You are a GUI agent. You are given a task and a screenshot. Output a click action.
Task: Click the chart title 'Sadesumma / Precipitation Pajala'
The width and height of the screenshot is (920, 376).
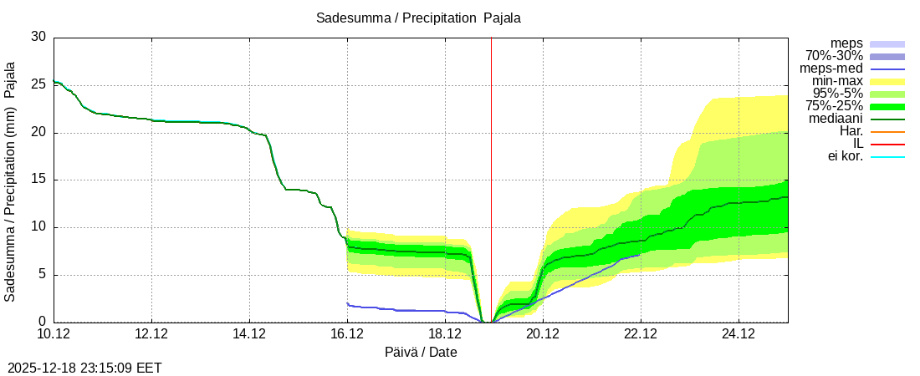tap(418, 18)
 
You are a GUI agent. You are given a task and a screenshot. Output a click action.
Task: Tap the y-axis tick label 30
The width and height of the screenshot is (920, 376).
tap(38, 37)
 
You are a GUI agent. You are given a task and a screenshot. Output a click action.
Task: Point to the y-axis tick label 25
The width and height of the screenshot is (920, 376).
tap(38, 84)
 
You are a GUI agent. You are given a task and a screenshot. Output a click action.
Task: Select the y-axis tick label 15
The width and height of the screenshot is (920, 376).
tap(38, 180)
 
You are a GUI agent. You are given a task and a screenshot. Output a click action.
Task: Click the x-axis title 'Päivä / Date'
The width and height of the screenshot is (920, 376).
tap(421, 353)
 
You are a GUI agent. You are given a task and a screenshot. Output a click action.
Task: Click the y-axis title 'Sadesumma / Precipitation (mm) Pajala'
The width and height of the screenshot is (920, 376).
tap(11, 180)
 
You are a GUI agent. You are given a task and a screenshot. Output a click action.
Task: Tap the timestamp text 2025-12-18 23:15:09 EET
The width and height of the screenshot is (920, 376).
tap(84, 367)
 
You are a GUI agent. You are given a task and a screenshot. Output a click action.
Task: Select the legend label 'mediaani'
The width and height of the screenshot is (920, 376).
tap(836, 119)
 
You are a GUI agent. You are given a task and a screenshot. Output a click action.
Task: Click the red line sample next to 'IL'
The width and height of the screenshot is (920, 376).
tap(887, 144)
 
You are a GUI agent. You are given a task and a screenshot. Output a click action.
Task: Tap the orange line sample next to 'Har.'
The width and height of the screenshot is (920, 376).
tap(887, 131)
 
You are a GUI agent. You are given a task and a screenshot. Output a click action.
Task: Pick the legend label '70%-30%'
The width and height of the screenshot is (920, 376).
tap(834, 56)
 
